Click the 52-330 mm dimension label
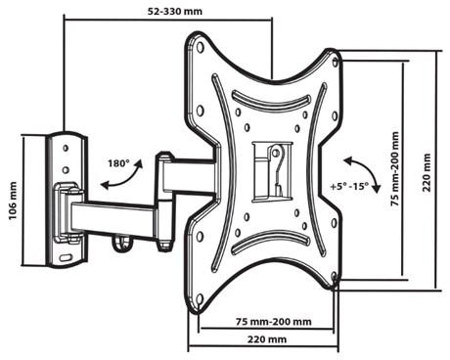[175, 12]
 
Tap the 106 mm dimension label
[13, 201]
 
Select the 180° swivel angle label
[118, 163]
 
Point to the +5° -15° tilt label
[349, 187]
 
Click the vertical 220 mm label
[427, 172]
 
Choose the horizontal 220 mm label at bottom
[267, 339]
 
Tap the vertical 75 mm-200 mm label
[395, 168]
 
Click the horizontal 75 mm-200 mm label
[273, 322]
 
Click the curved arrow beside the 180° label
[125, 179]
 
